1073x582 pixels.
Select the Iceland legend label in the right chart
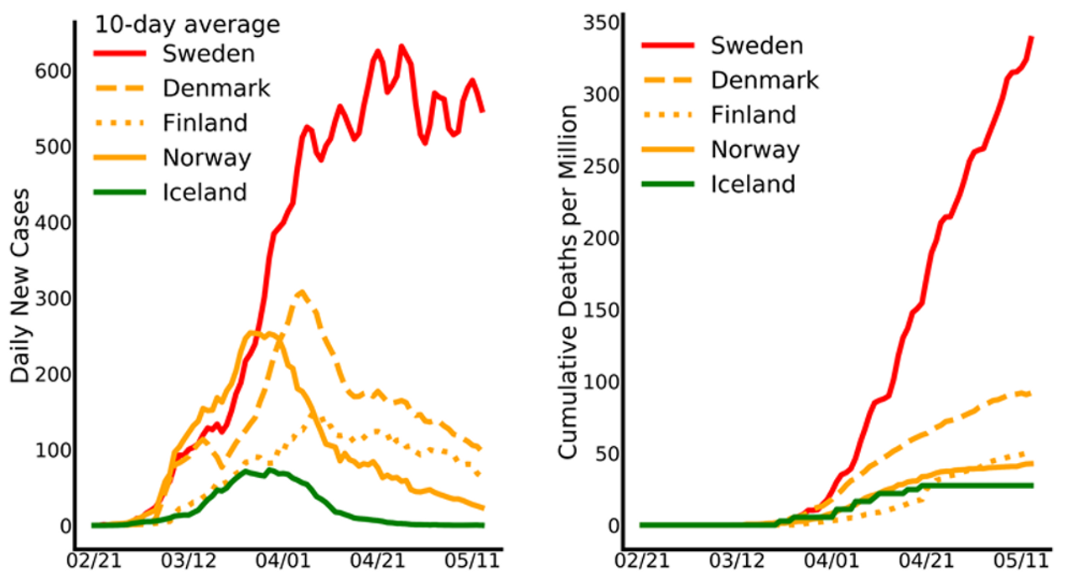click(x=752, y=184)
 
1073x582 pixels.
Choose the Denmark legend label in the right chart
click(x=764, y=80)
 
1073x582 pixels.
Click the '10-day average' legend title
click(x=186, y=25)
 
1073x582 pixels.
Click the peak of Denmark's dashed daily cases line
click(x=301, y=292)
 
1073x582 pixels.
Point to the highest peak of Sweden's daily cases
click(x=401, y=47)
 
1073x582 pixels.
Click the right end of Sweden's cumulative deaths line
click(x=1030, y=38)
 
